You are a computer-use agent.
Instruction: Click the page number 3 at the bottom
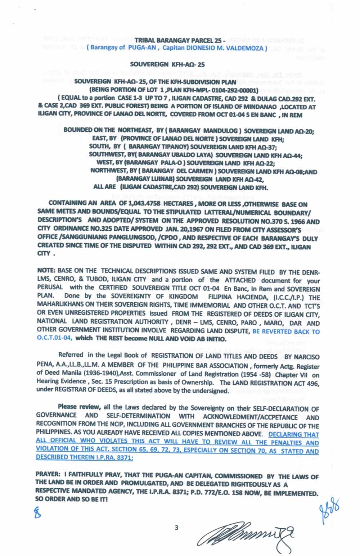click(176, 528)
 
